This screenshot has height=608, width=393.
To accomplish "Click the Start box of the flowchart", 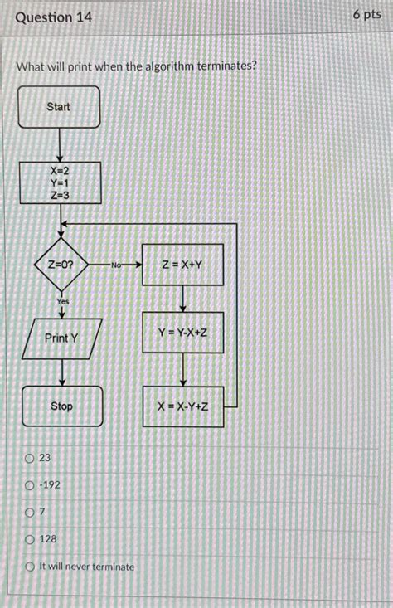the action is pyautogui.click(x=59, y=107).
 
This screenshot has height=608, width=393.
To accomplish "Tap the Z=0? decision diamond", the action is pyautogui.click(x=61, y=265).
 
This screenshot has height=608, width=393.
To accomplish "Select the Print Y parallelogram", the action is pyautogui.click(x=62, y=338).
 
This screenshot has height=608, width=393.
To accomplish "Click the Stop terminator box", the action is pyautogui.click(x=62, y=406).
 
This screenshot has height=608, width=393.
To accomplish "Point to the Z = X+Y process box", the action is pyautogui.click(x=182, y=265).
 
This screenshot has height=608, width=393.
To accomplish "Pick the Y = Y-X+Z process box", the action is pyautogui.click(x=183, y=333).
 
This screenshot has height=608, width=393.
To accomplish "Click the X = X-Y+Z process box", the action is pyautogui.click(x=183, y=406).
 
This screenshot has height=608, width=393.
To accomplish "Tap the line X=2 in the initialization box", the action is pyautogui.click(x=60, y=171).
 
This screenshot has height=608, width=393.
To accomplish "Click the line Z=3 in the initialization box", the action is pyautogui.click(x=60, y=195).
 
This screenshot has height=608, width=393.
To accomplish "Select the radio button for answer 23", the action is pyautogui.click(x=30, y=459).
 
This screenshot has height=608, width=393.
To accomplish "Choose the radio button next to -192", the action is pyautogui.click(x=30, y=485).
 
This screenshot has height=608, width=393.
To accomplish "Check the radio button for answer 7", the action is pyautogui.click(x=30, y=513).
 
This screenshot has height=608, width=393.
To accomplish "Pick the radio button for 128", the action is pyautogui.click(x=30, y=539).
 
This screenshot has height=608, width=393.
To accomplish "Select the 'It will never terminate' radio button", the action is pyautogui.click(x=30, y=567).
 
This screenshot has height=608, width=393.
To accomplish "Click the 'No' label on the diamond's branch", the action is pyautogui.click(x=116, y=265).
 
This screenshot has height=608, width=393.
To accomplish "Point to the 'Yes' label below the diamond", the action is pyautogui.click(x=63, y=301).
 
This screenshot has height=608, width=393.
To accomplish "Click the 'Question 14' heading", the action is pyautogui.click(x=54, y=17).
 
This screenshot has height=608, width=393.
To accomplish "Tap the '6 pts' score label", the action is pyautogui.click(x=367, y=15).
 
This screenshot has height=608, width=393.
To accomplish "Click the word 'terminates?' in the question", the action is pyautogui.click(x=227, y=66).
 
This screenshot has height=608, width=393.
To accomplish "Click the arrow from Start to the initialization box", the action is pyautogui.click(x=60, y=145).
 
